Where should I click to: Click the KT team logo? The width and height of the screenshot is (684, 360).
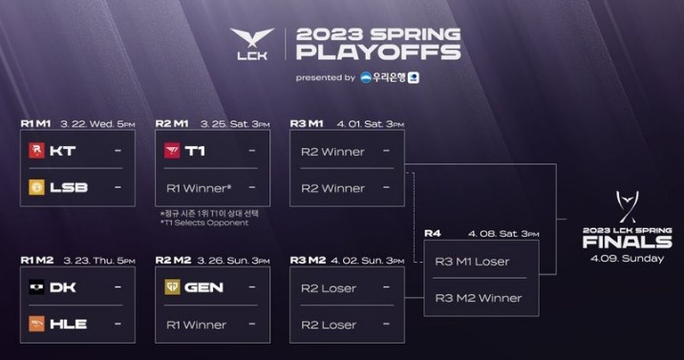(36, 151)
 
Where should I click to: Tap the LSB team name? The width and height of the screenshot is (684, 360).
(68, 187)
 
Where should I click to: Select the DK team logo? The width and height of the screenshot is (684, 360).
(36, 286)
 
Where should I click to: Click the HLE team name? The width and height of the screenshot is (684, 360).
(69, 324)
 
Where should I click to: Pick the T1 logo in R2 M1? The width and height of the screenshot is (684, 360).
(172, 151)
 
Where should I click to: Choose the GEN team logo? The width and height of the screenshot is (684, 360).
(172, 286)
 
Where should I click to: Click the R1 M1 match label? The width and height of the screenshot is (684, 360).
(35, 123)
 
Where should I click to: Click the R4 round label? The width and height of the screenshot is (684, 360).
(433, 233)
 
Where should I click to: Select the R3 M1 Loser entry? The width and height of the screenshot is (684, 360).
(472, 261)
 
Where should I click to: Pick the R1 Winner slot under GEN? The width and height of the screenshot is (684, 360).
(197, 324)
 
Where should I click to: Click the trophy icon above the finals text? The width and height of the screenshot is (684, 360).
(627, 207)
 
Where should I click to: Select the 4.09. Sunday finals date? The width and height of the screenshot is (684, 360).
(627, 258)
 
